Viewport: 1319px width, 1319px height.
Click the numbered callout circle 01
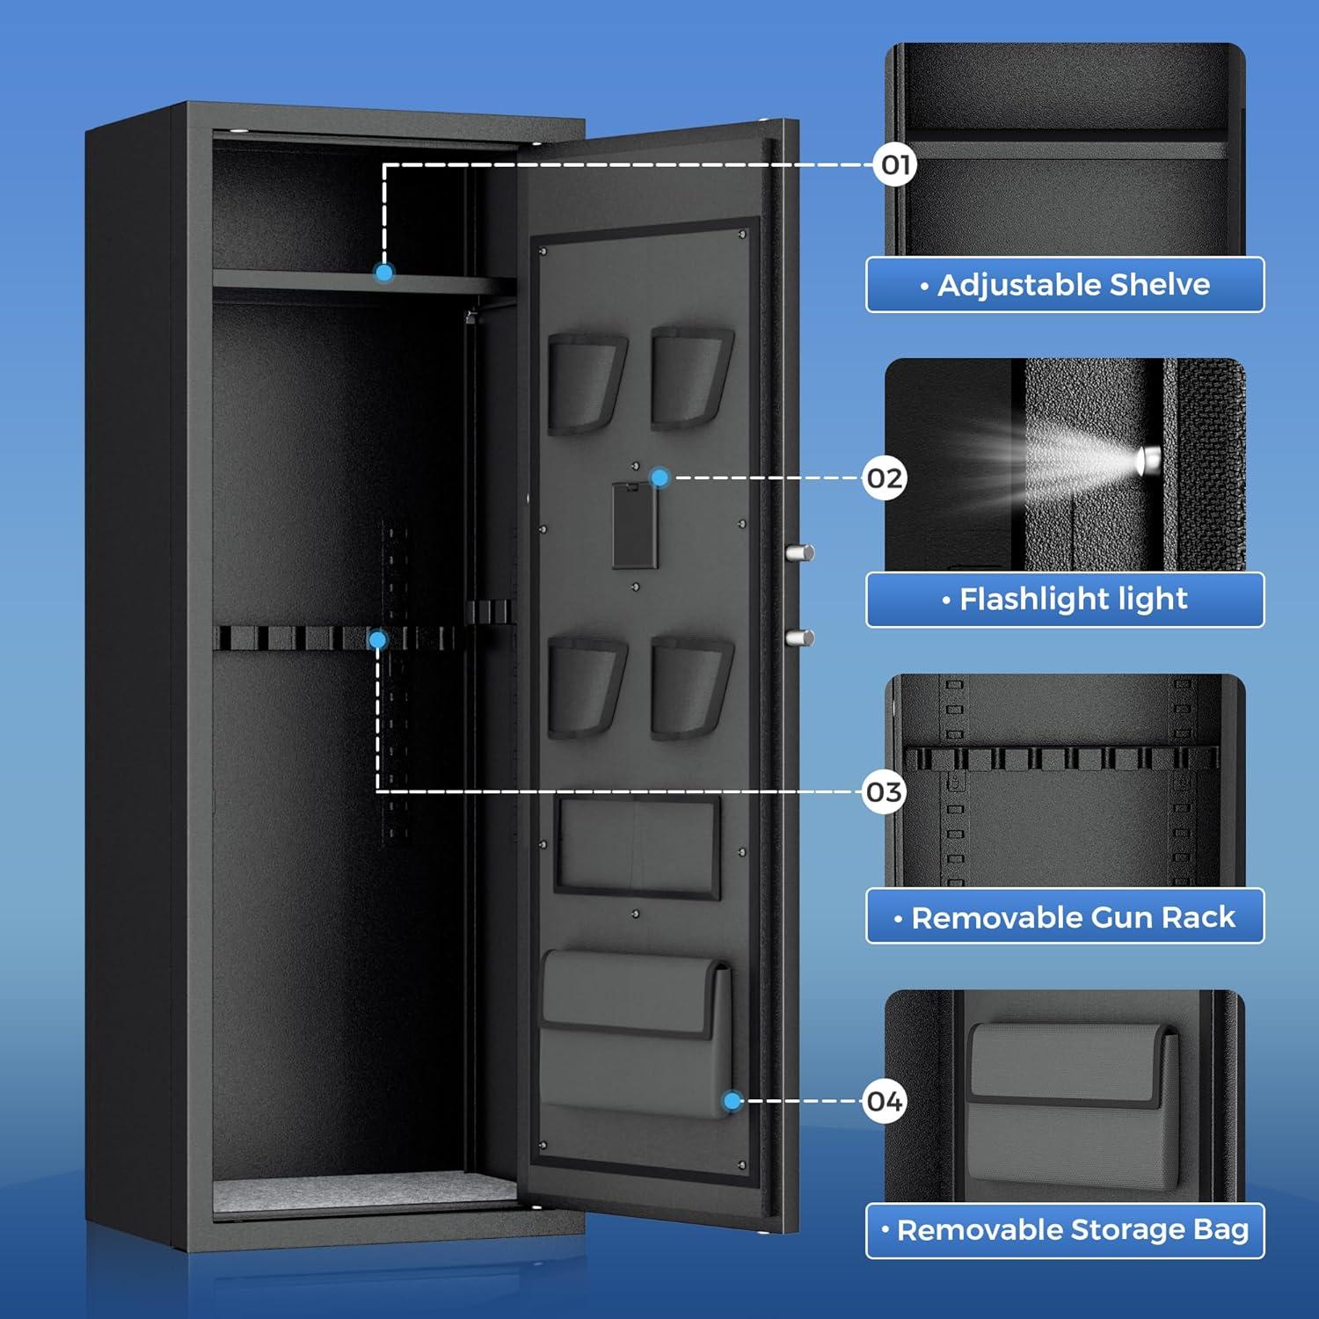(895, 164)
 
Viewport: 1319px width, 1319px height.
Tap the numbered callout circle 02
(885, 478)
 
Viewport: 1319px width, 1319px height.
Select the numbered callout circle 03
(885, 792)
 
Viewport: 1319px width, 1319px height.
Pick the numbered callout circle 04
(885, 1101)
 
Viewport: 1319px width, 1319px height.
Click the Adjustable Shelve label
(1065, 285)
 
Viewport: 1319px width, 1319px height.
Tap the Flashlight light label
(1065, 600)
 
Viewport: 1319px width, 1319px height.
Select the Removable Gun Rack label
(1065, 916)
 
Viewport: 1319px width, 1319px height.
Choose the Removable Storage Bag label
(1065, 1230)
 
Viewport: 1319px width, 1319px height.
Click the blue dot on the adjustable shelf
(384, 273)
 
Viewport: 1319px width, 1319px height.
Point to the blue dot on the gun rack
(378, 640)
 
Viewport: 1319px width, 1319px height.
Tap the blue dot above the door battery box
(659, 477)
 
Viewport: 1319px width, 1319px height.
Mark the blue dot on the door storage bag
(732, 1101)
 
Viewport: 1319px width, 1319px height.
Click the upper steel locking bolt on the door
(799, 553)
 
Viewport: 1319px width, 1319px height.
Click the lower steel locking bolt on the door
(799, 638)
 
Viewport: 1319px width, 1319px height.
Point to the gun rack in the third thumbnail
(1061, 758)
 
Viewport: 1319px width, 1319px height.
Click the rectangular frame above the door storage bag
(638, 846)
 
